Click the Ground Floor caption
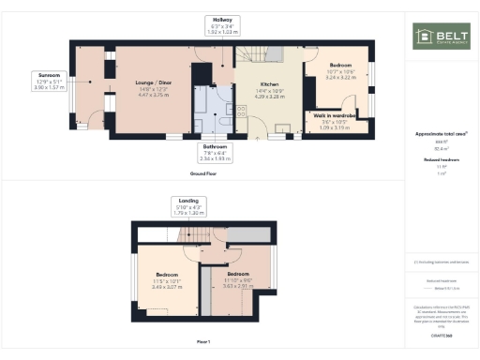[x=204, y=173]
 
